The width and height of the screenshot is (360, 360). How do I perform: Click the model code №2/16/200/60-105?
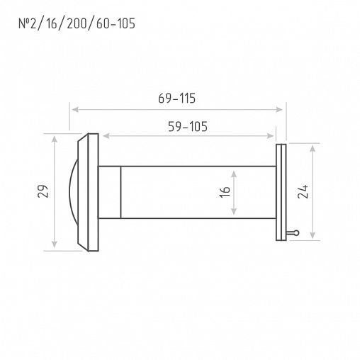(77, 23)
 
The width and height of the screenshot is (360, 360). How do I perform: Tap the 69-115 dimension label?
(177, 99)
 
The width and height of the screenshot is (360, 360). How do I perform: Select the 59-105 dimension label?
(188, 127)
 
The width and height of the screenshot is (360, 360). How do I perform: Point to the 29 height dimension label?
(43, 191)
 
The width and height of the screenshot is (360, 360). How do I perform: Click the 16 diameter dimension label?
(225, 192)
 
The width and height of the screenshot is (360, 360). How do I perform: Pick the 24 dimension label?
(303, 191)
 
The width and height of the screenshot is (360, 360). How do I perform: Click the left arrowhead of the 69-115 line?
(75, 109)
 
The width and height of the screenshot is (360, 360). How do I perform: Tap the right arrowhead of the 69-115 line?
(279, 109)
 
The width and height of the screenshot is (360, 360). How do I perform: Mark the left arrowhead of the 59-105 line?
(106, 136)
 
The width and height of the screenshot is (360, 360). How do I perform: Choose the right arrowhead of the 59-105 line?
(270, 136)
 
